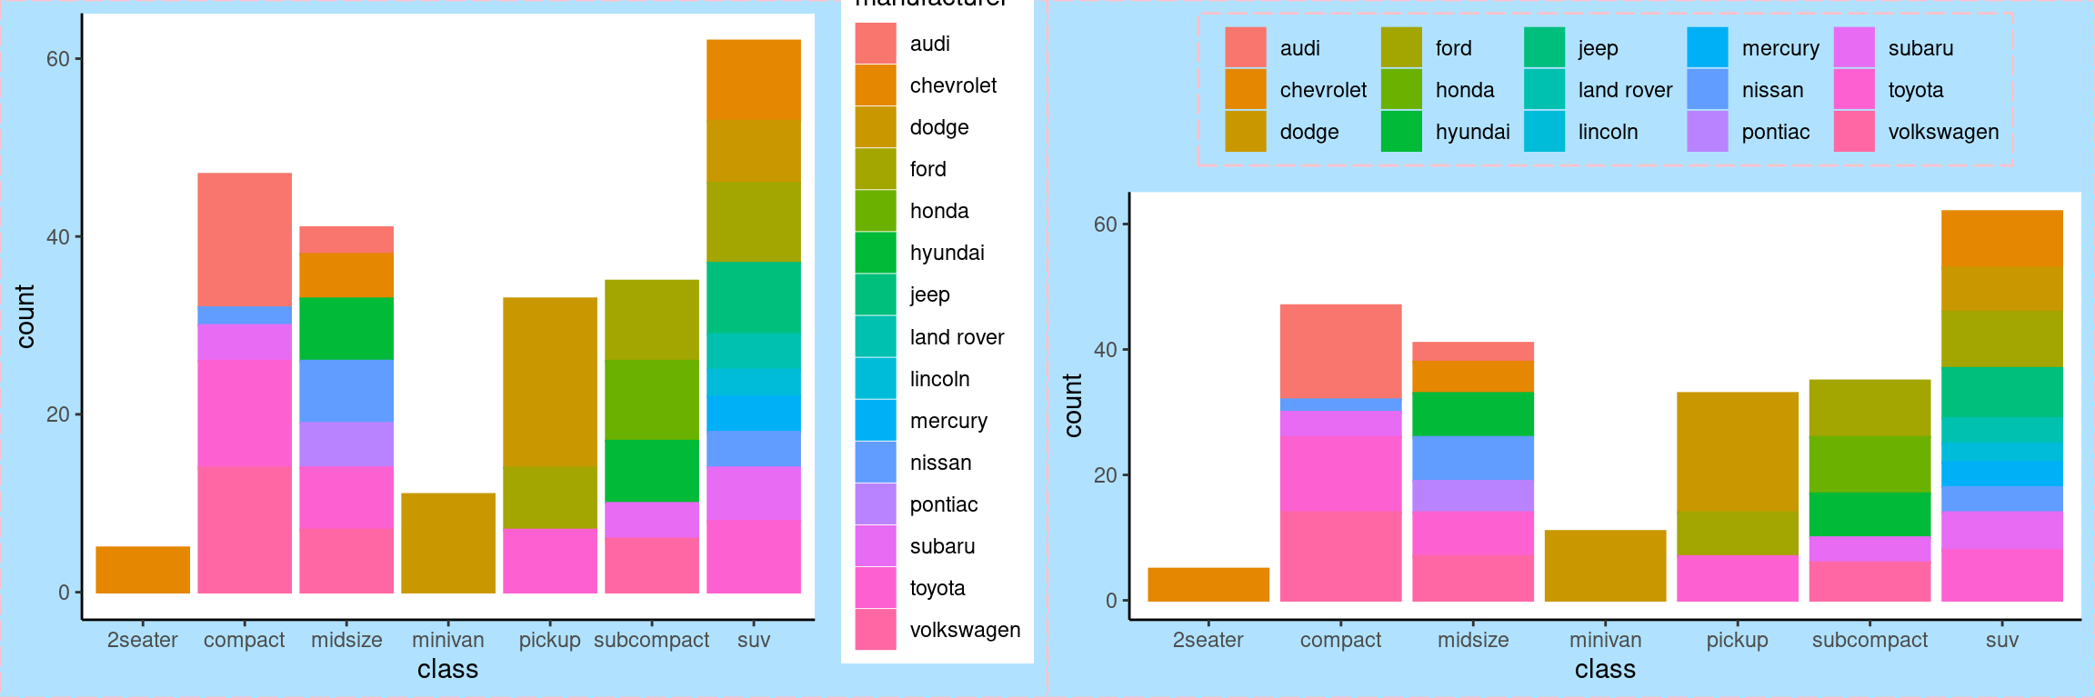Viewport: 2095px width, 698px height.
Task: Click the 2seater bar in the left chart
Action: (143, 570)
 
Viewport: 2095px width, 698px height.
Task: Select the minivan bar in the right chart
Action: (1605, 565)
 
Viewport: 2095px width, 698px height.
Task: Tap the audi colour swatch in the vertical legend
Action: (875, 44)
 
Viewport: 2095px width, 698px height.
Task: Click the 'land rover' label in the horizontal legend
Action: (1625, 90)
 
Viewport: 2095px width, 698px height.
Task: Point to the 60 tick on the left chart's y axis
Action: (58, 59)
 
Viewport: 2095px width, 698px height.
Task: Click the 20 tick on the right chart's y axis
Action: (1105, 475)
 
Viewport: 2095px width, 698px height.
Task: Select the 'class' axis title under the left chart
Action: (447, 670)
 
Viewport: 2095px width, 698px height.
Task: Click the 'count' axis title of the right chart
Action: (1073, 405)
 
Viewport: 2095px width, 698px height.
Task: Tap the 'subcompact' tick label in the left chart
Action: (651, 640)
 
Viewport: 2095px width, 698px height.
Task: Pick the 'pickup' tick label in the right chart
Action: (1737, 640)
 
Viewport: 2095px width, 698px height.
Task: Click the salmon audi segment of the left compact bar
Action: (245, 239)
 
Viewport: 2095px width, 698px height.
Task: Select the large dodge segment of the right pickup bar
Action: (1737, 451)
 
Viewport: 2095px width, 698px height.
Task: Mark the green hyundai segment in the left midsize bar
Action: (346, 328)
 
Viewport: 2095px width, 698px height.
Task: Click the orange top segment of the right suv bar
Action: (2001, 238)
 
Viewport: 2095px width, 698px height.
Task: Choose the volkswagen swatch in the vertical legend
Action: (875, 630)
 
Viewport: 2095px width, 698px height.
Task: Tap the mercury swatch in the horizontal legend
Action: (1707, 48)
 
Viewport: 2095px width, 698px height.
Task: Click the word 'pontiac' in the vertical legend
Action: (943, 504)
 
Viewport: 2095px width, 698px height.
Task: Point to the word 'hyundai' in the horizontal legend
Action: (1472, 132)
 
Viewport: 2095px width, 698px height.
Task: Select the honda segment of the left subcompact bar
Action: (651, 399)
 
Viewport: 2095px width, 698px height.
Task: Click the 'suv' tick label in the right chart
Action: (2001, 640)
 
